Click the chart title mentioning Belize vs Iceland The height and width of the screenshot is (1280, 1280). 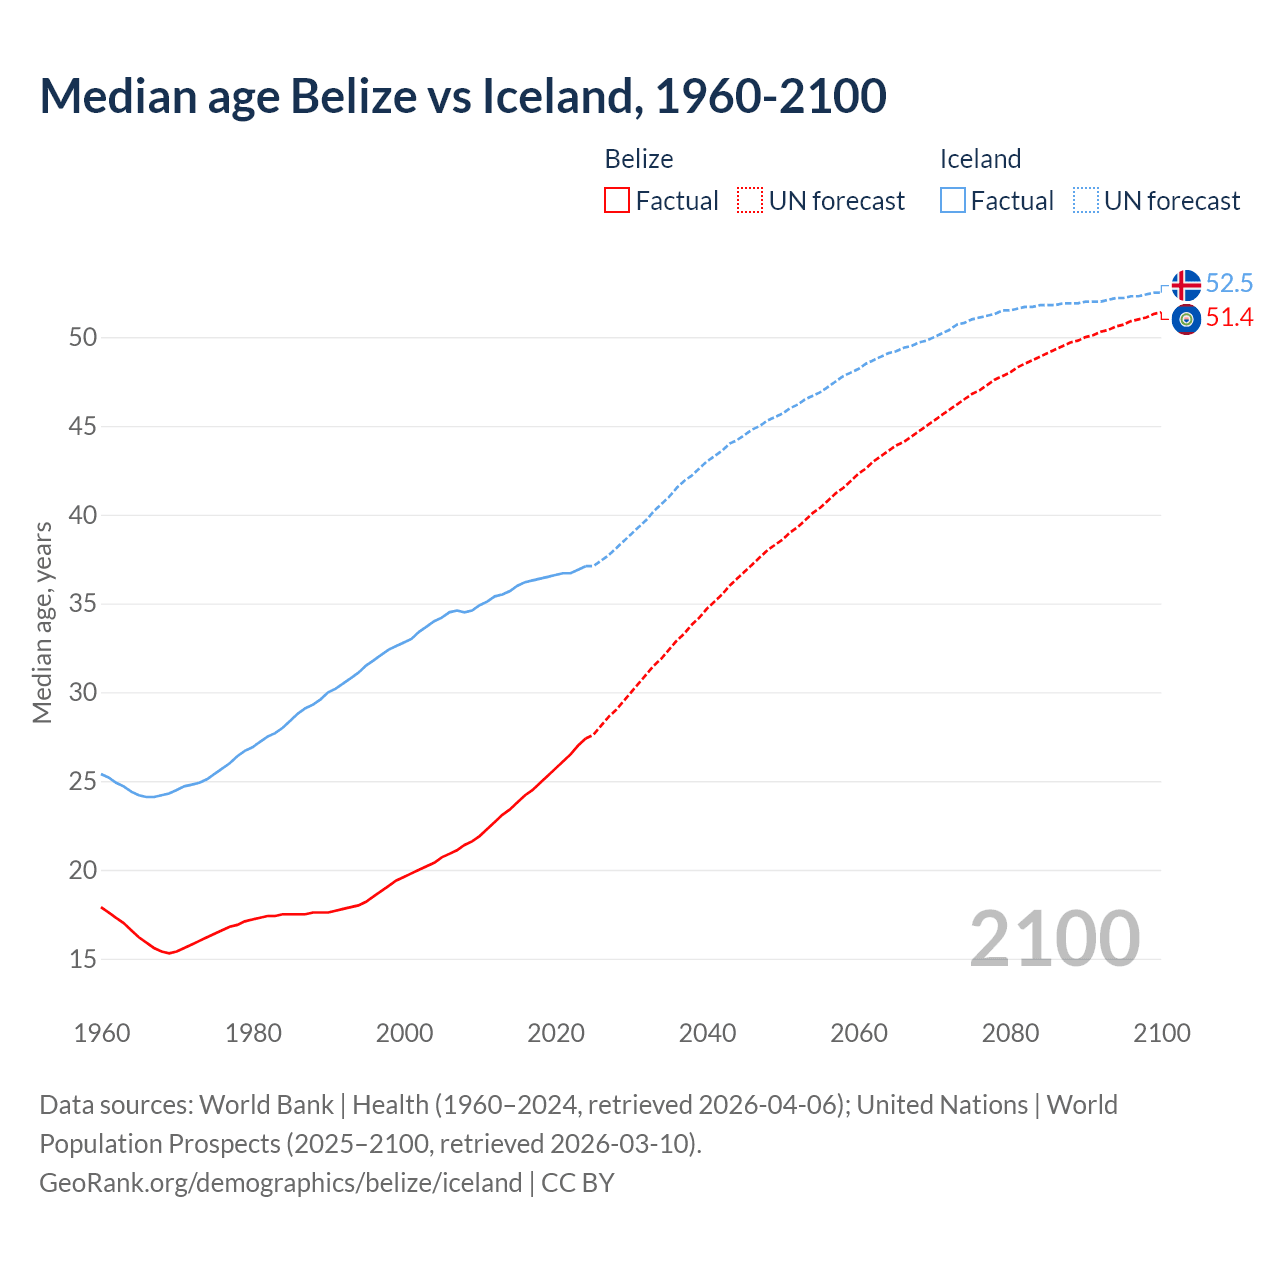pos(463,96)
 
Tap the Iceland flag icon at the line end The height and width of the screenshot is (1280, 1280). pos(1186,285)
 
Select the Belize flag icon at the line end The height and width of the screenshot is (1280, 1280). pos(1186,320)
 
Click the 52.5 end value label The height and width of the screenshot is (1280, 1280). pos(1229,284)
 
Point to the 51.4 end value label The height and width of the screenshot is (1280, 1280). pos(1229,318)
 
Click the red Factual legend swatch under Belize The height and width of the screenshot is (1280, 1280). pos(617,201)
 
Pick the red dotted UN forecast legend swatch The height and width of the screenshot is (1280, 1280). pos(750,201)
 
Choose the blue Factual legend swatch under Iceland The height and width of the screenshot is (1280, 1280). pos(953,201)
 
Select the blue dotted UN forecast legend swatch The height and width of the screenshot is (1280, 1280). pos(1086,201)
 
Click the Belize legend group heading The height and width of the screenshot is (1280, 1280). pos(639,159)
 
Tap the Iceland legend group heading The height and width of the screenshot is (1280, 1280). pos(980,159)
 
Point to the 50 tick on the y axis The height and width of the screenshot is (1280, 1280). pos(83,338)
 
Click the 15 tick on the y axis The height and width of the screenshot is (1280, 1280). pos(83,960)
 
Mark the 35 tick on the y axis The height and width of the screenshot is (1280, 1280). pos(83,604)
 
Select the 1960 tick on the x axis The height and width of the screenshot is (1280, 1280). pos(102,1033)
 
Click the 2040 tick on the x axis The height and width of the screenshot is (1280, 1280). pos(707,1033)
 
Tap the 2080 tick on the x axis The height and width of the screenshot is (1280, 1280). pos(1010,1033)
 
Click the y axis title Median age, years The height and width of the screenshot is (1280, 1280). pos(42,622)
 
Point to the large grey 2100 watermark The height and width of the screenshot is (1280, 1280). pos(1054,939)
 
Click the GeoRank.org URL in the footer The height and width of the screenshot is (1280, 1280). pos(280,1183)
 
